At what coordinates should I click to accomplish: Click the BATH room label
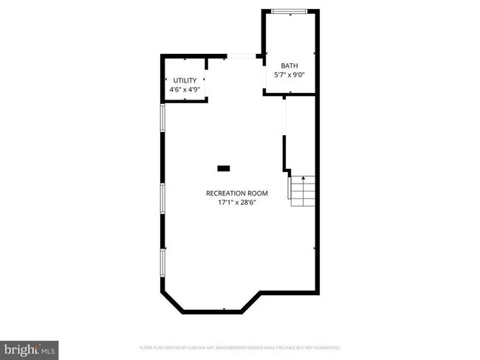tap(289, 65)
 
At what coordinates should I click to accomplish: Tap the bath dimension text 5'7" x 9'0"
tap(289, 74)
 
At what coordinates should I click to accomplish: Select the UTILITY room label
tap(185, 80)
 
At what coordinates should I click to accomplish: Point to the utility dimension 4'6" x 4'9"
tap(185, 89)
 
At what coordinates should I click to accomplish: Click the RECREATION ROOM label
tap(236, 193)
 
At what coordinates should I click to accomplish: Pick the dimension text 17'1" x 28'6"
tap(236, 202)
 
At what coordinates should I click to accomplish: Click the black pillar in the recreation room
tap(223, 168)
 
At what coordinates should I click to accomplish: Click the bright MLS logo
tap(30, 348)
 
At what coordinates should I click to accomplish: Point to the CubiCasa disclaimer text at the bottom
tap(241, 347)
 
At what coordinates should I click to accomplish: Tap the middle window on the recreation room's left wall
tap(162, 199)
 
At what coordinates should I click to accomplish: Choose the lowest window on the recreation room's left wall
tap(162, 263)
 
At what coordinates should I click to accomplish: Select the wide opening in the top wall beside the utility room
tap(241, 55)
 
